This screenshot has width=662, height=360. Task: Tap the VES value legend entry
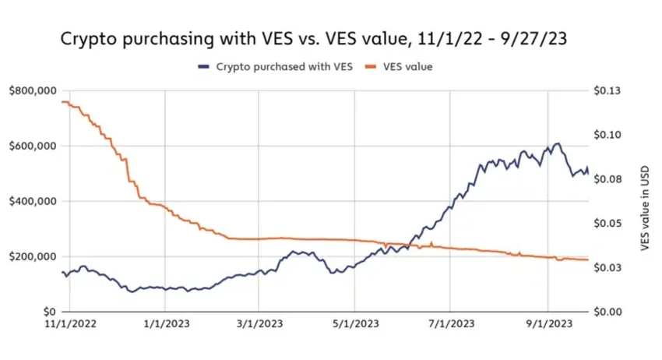tap(404, 67)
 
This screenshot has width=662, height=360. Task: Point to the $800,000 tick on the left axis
tap(33, 91)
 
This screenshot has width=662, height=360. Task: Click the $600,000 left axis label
tap(33, 146)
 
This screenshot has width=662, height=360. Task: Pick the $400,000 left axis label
tap(33, 201)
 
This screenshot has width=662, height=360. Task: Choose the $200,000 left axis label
tap(33, 256)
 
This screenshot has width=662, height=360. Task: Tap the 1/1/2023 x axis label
tap(165, 323)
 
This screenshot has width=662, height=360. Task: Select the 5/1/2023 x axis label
tap(355, 323)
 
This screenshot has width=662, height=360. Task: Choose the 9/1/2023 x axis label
tap(548, 323)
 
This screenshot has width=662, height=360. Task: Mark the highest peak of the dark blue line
tap(557, 143)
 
